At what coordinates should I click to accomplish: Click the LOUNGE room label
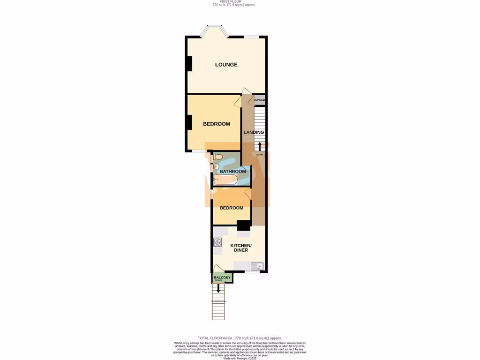point(226,65)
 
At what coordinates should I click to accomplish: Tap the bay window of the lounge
point(214,30)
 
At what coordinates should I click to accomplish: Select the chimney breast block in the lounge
point(189,64)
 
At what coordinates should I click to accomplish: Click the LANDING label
point(254,132)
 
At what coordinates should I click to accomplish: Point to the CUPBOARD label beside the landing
point(259,100)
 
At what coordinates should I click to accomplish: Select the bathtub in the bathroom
point(225,179)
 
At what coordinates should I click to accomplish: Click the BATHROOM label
point(233,172)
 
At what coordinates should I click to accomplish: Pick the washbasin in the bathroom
point(216,167)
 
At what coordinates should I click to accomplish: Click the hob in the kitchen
point(217,242)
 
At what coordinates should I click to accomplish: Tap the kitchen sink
point(257,266)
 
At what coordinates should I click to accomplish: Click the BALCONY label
point(222,277)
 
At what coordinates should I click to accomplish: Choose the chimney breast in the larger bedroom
point(189,122)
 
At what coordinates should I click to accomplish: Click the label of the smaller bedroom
point(232,208)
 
